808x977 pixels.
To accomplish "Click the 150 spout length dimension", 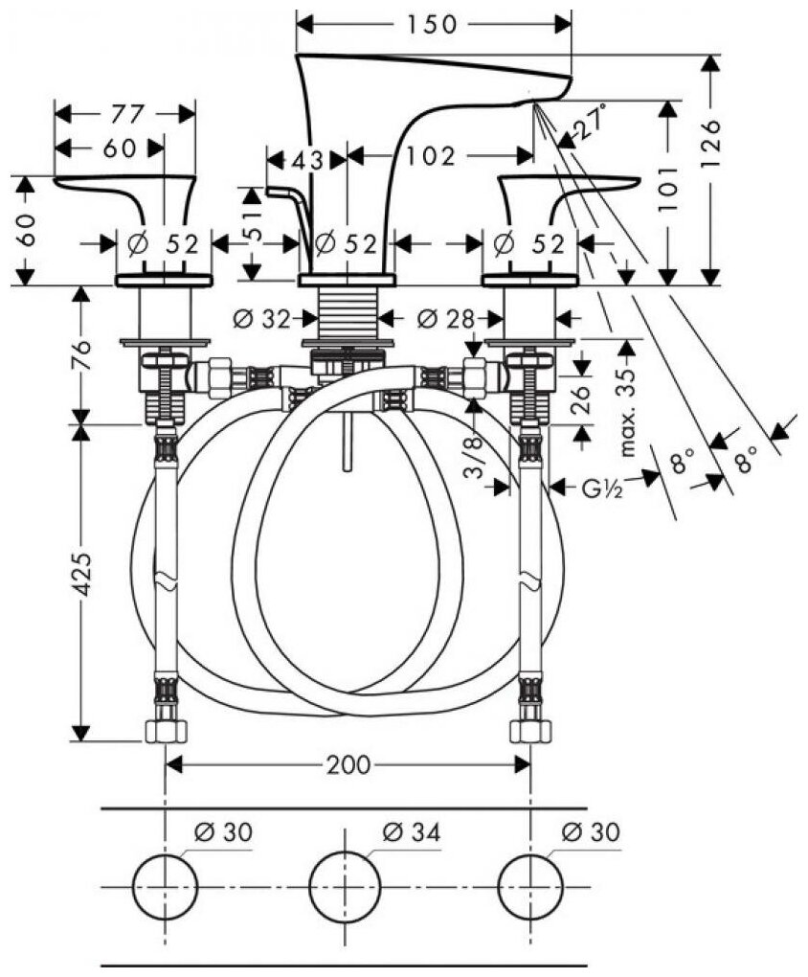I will pos(432,25).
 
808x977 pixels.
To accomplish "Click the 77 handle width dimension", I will pos(123,114).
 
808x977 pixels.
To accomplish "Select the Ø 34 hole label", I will pos(411,832).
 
